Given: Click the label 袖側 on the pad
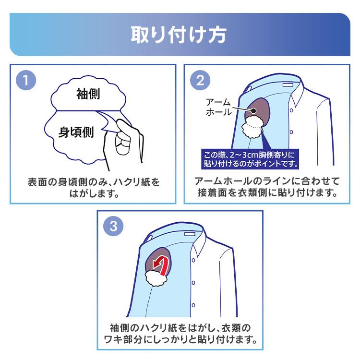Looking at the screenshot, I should (88, 95).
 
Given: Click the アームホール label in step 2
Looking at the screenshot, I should (218, 107).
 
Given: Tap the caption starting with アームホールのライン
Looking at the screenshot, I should (267, 188).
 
